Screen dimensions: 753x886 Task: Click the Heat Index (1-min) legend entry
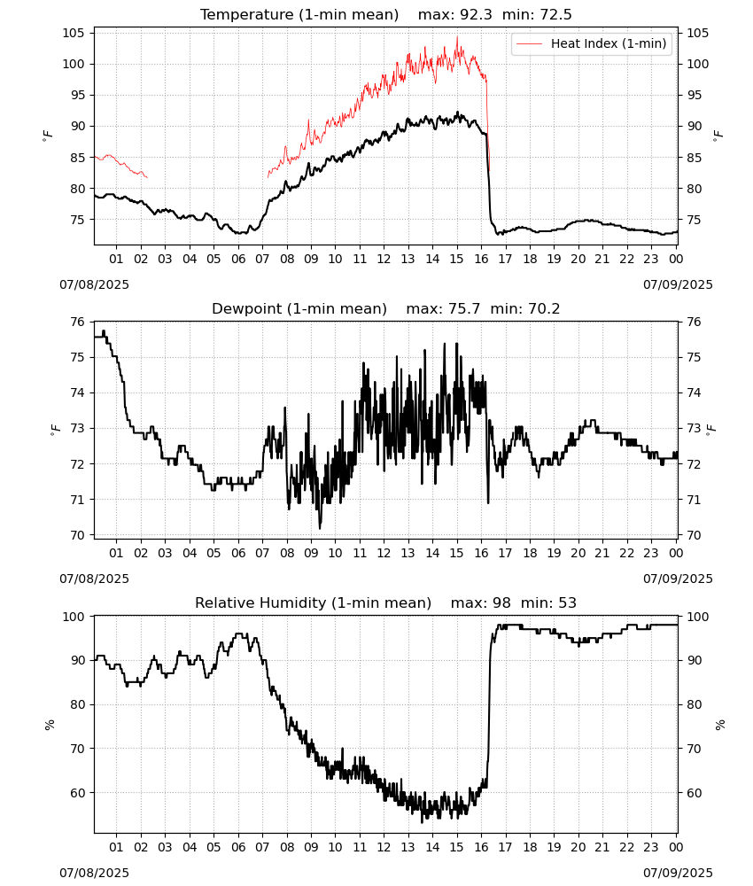tap(592, 43)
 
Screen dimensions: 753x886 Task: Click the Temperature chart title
tap(386, 14)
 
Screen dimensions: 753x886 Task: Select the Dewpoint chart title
tap(386, 308)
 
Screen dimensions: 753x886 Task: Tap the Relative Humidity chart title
tap(386, 602)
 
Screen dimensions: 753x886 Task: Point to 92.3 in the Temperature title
tap(476, 14)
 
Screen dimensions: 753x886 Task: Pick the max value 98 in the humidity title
tap(501, 602)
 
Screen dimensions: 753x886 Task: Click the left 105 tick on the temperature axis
tap(74, 33)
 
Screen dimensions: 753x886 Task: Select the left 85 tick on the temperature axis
tap(77, 158)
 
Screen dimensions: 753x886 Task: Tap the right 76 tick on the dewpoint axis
tap(694, 323)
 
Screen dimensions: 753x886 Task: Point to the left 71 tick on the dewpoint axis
tap(77, 500)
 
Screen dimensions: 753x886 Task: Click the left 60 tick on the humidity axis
tap(77, 793)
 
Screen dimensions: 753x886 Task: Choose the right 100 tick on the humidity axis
tap(698, 617)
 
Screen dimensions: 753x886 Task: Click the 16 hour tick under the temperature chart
tap(481, 259)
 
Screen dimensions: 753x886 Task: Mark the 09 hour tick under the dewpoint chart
tap(311, 553)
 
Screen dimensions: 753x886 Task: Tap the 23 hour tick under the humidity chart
tap(651, 848)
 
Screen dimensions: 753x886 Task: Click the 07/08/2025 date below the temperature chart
tap(94, 284)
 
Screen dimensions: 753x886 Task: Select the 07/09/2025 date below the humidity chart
tap(678, 873)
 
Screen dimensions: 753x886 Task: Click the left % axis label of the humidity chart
tap(50, 725)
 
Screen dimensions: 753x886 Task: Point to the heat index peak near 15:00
tap(457, 36)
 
